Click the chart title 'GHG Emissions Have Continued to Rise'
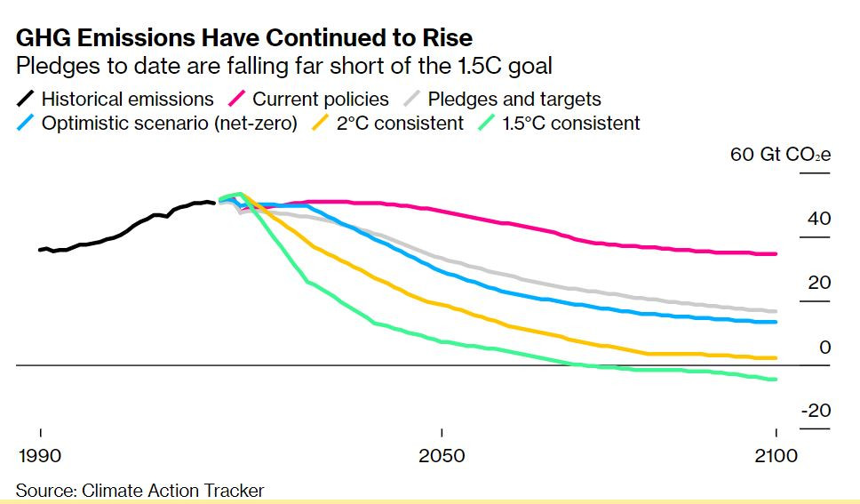click(244, 38)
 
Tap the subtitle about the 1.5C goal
click(283, 66)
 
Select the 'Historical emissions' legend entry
click(115, 100)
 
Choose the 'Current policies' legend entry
click(309, 100)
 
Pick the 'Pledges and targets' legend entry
click(502, 100)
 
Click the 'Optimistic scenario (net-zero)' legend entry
click(157, 123)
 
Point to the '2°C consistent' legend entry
click(387, 123)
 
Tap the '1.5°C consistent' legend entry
click(559, 123)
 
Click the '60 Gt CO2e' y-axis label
click(780, 155)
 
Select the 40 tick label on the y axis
click(819, 219)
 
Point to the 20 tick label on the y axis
click(819, 283)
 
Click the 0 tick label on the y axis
click(824, 347)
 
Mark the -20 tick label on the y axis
click(816, 411)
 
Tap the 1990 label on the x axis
click(40, 456)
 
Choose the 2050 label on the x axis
click(442, 456)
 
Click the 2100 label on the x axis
click(776, 456)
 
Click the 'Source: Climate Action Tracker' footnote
click(139, 491)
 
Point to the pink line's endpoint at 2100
click(775, 253)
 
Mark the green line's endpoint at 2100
click(775, 380)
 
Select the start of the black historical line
click(40, 250)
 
